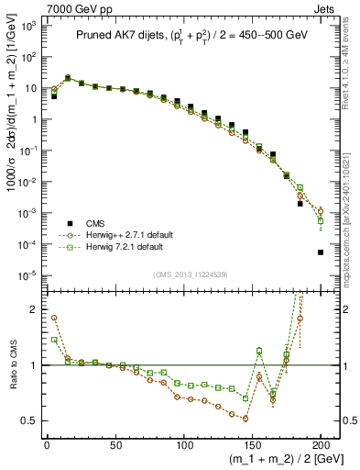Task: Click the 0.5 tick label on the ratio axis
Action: click(x=26, y=421)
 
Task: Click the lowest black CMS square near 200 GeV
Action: click(x=321, y=252)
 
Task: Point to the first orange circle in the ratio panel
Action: click(x=54, y=319)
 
